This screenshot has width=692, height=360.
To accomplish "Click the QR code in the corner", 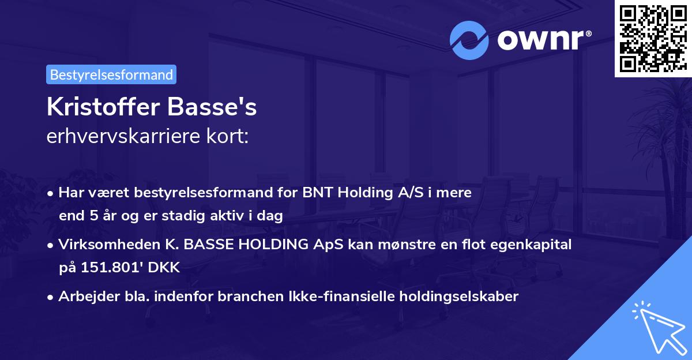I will (x=653, y=39).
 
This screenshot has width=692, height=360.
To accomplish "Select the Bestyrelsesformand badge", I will (x=111, y=74).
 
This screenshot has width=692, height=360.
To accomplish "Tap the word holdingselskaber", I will (x=453, y=297).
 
